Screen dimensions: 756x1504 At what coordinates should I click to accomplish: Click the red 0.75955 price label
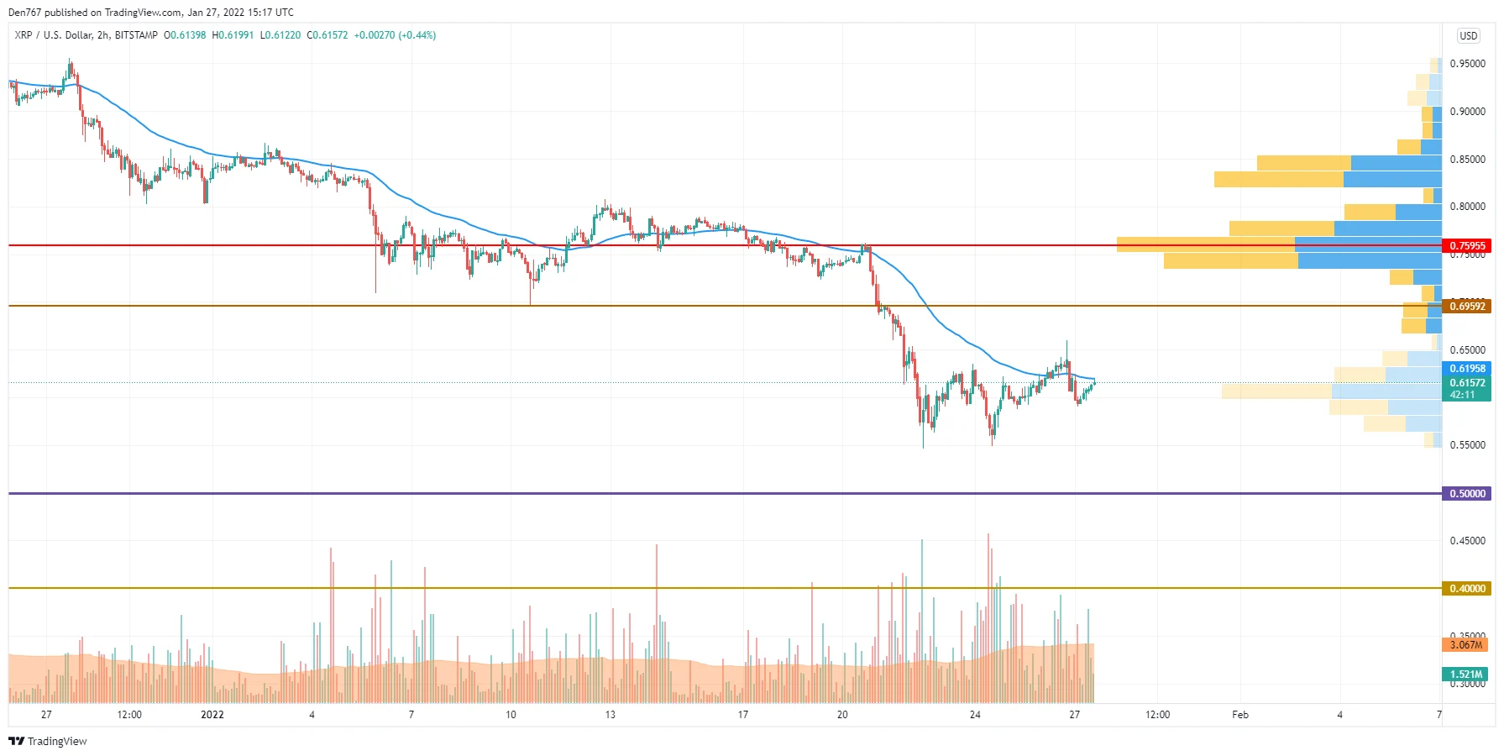(1466, 246)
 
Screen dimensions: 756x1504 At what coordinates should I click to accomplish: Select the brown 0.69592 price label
(1466, 307)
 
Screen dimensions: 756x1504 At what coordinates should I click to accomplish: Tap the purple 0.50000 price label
(1466, 494)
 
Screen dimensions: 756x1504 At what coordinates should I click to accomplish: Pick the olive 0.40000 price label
(1466, 589)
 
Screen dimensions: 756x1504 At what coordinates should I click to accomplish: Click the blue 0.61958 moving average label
(1466, 369)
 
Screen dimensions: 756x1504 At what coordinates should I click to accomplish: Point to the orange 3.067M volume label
(1466, 645)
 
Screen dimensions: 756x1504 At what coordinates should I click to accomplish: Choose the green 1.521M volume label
(1466, 675)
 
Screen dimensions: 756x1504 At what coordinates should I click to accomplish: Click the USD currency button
(1468, 35)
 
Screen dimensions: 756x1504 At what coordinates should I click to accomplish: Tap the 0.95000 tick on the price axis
(1467, 64)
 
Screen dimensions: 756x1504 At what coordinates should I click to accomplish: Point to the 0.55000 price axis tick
(1467, 445)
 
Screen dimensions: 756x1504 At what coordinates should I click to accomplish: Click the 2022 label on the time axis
(212, 715)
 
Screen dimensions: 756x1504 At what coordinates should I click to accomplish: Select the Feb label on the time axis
(1239, 715)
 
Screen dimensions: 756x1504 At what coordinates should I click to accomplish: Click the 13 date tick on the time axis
(610, 715)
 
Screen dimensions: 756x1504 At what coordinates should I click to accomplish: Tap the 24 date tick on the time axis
(974, 715)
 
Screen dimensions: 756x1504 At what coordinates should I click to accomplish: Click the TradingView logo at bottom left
(48, 741)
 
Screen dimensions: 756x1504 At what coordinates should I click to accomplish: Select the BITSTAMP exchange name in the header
(136, 35)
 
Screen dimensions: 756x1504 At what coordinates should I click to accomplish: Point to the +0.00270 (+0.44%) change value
(395, 35)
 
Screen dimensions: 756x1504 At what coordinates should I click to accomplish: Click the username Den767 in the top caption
(24, 13)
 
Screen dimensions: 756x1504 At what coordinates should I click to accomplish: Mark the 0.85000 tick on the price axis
(1467, 160)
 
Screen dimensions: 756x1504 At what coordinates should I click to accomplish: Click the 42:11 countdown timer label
(1462, 395)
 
